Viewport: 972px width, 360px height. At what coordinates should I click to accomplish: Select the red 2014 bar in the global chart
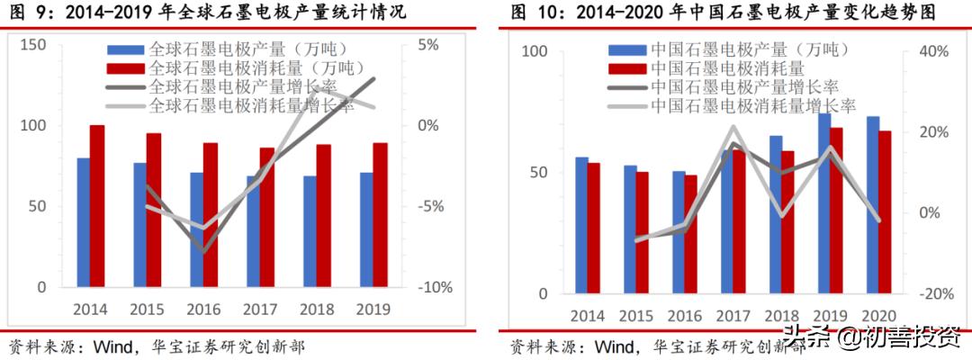click(x=97, y=206)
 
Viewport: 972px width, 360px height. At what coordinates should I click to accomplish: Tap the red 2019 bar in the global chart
click(x=380, y=215)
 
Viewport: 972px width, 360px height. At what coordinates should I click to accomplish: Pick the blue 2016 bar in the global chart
click(x=196, y=229)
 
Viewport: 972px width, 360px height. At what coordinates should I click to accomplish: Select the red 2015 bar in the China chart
click(x=642, y=233)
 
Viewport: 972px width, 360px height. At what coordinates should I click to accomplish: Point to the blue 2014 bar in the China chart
click(x=581, y=226)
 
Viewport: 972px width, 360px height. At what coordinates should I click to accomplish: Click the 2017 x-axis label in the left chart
click(x=261, y=310)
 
